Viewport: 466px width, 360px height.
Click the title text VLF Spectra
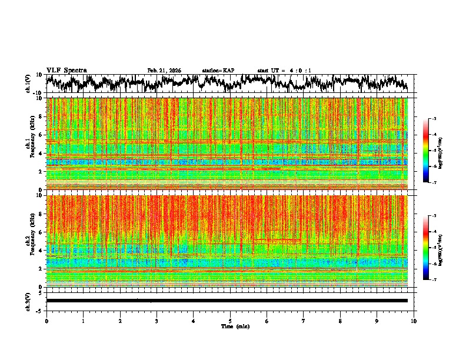[x=66, y=70]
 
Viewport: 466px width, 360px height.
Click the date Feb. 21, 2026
[x=164, y=71]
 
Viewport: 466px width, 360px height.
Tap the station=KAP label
[x=218, y=71]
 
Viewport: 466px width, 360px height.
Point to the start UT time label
[x=284, y=71]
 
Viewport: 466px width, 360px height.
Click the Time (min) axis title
[x=235, y=326]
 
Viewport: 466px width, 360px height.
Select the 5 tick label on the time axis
[x=230, y=321]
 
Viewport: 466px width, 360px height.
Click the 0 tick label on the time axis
[x=46, y=321]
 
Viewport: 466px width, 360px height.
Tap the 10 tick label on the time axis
[x=414, y=321]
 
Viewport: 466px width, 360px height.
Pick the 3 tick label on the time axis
[x=157, y=321]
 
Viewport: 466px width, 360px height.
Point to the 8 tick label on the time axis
[x=340, y=321]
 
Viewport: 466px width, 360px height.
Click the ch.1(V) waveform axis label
[x=28, y=84]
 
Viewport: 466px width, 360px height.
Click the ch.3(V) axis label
[x=28, y=300]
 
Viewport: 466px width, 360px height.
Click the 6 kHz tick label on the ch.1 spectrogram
[x=40, y=135]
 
